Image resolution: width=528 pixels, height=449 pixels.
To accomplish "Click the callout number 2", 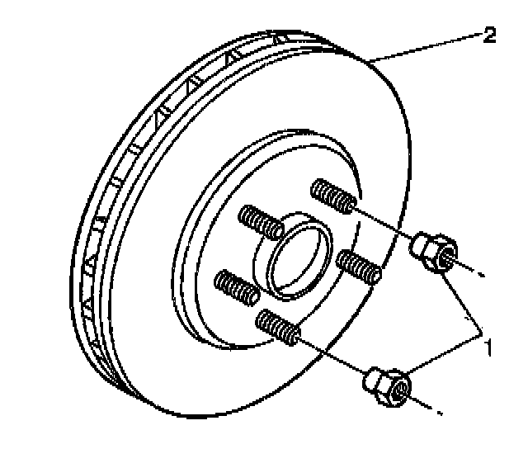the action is point(489,35).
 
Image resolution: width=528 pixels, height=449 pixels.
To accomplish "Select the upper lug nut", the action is point(432,249).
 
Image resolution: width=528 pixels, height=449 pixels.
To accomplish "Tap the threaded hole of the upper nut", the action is point(445,256).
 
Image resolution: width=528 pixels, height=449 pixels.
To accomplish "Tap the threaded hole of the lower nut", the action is point(399,390).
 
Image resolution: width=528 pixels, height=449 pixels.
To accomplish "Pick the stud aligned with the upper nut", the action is point(333,198).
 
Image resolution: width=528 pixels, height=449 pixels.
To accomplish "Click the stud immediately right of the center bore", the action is point(360,267).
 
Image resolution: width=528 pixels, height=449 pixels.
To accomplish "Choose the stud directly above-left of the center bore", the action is point(260,223).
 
